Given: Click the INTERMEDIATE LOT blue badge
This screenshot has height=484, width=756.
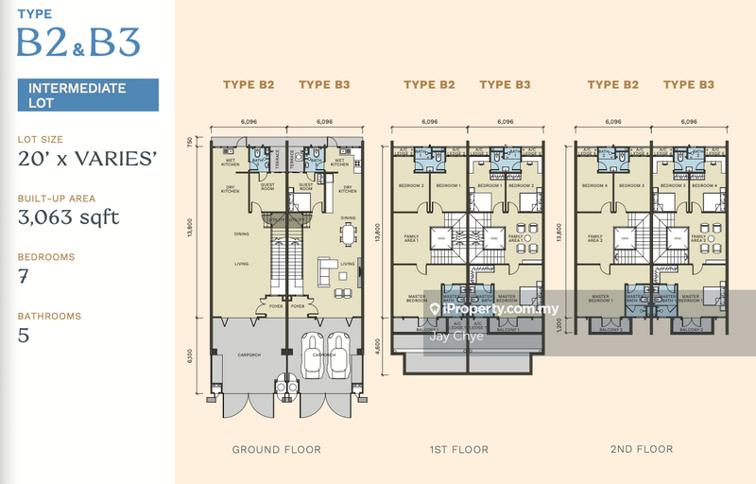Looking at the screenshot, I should tap(87, 95).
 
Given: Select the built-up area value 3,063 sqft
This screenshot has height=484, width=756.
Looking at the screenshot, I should tap(68, 218).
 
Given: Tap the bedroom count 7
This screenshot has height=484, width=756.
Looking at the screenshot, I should tap(23, 277).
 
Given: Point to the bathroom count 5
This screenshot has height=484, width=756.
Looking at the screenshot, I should tap(23, 335).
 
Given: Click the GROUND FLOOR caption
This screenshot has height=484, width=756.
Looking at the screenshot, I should tap(277, 449).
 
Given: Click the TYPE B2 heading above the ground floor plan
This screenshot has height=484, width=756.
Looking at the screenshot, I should tap(249, 85).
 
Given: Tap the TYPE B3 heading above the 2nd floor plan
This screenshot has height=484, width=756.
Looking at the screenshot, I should tap(689, 85).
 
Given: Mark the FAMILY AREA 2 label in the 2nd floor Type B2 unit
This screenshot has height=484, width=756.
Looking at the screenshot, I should tap(595, 238).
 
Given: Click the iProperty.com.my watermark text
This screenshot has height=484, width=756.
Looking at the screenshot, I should tap(501, 309).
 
